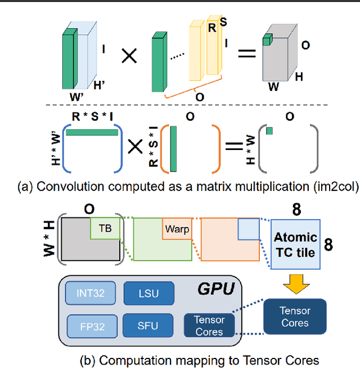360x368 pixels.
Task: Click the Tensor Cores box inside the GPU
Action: coord(209,325)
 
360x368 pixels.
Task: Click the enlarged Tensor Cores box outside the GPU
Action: coord(295,316)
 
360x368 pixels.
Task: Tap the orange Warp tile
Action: coord(175,229)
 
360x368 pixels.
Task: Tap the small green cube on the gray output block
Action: coord(267,39)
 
